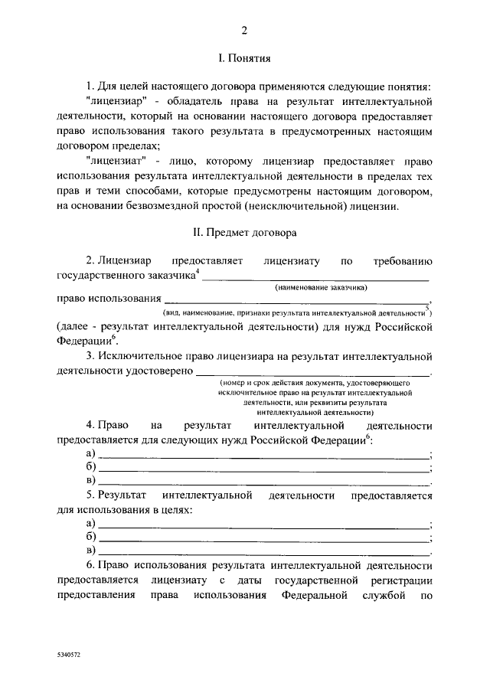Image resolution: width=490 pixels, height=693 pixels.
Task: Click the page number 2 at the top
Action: click(x=244, y=31)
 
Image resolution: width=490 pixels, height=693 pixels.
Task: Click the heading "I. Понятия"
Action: click(x=244, y=58)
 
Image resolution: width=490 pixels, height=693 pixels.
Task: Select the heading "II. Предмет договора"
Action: click(x=244, y=231)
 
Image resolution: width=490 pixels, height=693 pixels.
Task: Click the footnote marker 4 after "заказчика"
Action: click(x=198, y=270)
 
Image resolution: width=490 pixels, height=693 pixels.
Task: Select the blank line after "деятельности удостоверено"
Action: click(x=314, y=371)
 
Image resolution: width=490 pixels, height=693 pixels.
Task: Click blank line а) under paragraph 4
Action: click(x=263, y=456)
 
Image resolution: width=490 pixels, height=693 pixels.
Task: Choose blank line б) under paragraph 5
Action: click(x=263, y=537)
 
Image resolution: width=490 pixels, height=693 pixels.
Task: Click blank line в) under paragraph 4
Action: click(x=263, y=483)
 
